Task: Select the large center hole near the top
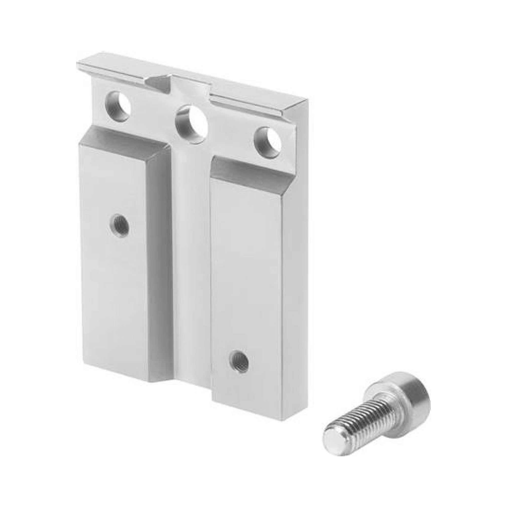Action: (192, 124)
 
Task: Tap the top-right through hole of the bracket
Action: (268, 142)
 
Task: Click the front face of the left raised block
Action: (113, 262)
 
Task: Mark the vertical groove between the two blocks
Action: (192, 262)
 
